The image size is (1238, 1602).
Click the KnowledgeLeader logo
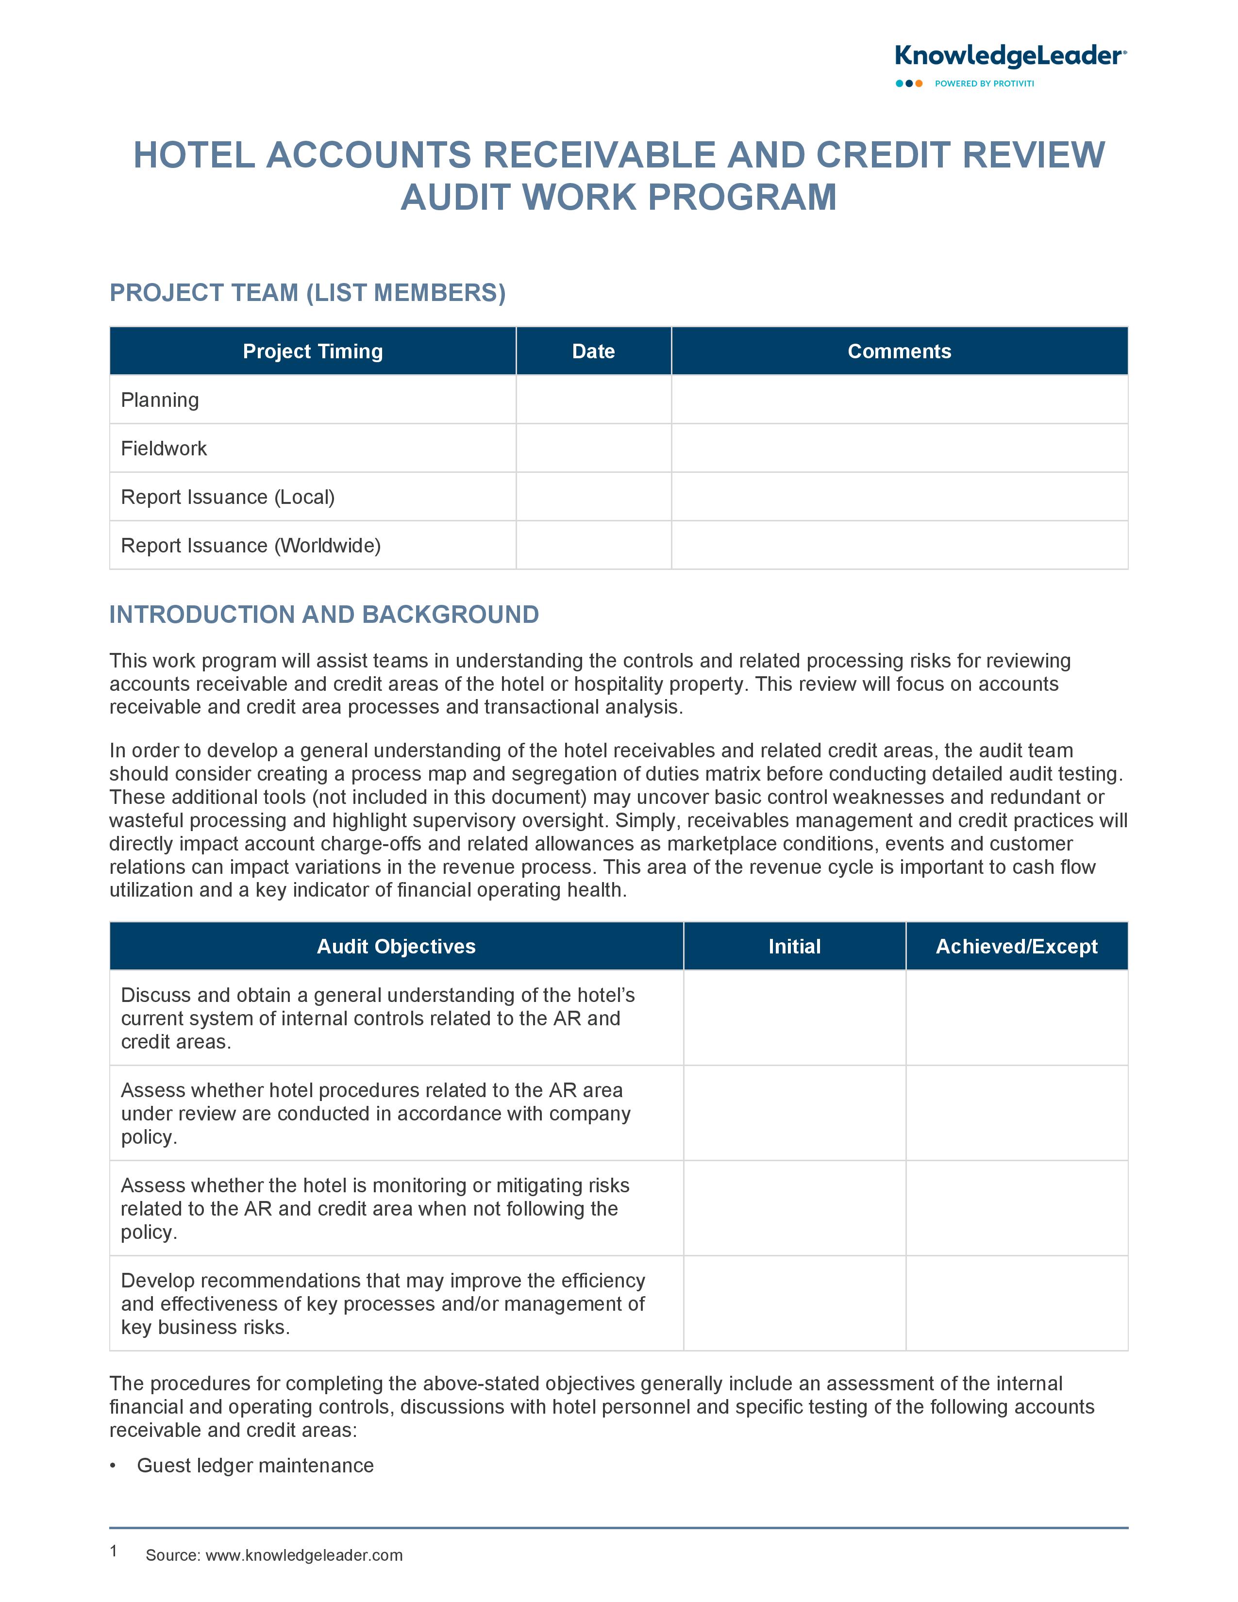pos(1010,56)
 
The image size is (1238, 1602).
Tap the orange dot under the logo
pos(919,83)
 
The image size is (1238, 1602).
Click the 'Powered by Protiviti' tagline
pos(984,83)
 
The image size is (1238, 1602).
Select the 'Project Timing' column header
pos(313,351)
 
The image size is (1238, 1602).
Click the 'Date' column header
pos(593,351)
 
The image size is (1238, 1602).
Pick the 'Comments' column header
pos(899,351)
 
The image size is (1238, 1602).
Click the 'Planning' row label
pos(160,400)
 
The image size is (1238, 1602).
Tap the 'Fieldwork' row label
pos(164,448)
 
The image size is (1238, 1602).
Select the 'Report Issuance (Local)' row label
pos(227,497)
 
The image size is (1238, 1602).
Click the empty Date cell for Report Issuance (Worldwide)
pos(593,545)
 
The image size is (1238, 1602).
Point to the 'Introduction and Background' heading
pos(324,614)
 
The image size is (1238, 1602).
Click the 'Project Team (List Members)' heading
pos(307,293)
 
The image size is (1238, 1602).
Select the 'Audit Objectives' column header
pos(396,946)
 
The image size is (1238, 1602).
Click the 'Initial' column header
pos(794,946)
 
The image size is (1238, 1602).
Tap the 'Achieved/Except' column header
pos(1017,946)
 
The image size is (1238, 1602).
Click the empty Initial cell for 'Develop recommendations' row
pos(794,1303)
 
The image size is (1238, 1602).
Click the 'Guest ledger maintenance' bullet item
pos(255,1466)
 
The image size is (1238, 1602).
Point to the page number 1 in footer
pos(114,1551)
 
